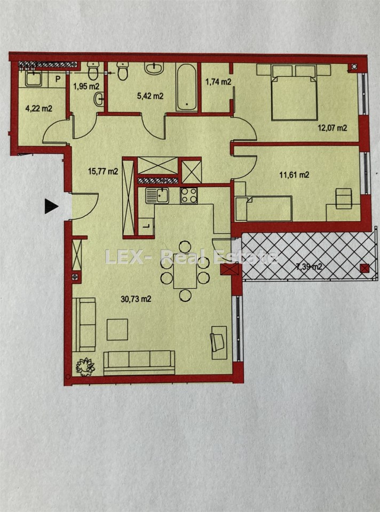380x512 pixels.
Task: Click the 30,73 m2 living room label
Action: (136, 299)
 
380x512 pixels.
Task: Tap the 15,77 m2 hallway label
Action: (103, 171)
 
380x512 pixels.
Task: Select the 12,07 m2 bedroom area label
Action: (332, 128)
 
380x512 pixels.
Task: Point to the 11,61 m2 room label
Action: (295, 175)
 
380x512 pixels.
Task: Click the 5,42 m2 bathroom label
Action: (150, 96)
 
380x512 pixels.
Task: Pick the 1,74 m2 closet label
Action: (218, 82)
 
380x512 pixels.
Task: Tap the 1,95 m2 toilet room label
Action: (86, 86)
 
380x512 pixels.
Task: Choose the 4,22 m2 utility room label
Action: (39, 108)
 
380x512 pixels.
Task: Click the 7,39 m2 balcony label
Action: (309, 267)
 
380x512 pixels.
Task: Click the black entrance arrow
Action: (51, 206)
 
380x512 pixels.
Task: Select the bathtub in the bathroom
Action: (187, 86)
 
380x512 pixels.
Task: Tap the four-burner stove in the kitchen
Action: (189, 196)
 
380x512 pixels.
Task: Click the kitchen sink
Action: (157, 196)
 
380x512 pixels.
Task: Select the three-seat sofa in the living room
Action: (139, 363)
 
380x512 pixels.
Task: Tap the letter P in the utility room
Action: (58, 79)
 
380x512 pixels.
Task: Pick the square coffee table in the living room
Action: (117, 330)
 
